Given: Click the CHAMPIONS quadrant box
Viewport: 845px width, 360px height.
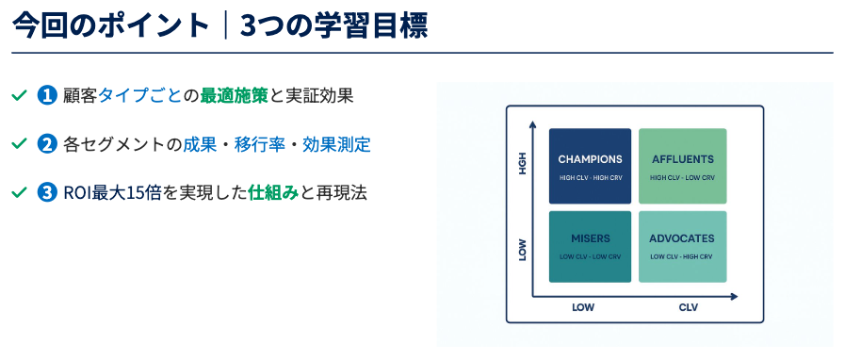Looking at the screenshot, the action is coord(590,166).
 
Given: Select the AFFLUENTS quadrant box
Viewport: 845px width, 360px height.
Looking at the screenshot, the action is coord(683,166).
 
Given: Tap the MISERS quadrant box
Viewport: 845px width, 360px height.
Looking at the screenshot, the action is coord(590,246).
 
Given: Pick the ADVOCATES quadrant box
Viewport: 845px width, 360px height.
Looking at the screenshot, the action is coord(683,246).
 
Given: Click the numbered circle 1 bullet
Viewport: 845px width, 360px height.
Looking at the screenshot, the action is coord(47,95).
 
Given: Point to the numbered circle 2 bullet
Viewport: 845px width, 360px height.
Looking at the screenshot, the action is coord(47,144).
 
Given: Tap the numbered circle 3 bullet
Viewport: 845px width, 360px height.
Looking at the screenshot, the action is coord(47,192).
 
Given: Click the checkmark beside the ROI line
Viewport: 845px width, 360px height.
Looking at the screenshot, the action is coord(19,192).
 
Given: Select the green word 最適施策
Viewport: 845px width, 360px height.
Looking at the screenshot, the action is coord(234,95).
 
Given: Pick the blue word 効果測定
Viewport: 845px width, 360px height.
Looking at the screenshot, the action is coord(337,144).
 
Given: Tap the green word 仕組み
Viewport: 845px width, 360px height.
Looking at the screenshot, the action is coord(274,192).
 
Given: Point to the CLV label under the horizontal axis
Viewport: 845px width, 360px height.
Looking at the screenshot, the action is coord(689,308).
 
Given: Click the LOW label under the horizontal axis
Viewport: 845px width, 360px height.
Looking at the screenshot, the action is coord(583,308).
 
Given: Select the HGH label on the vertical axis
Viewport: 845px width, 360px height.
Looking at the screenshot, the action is coord(522,164).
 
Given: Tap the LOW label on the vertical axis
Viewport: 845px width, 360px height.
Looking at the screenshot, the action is coord(522,250).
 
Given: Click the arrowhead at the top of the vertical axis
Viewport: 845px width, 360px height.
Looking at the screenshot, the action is coord(532,125).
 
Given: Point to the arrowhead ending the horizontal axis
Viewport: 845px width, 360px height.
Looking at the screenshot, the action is coord(734,297).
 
